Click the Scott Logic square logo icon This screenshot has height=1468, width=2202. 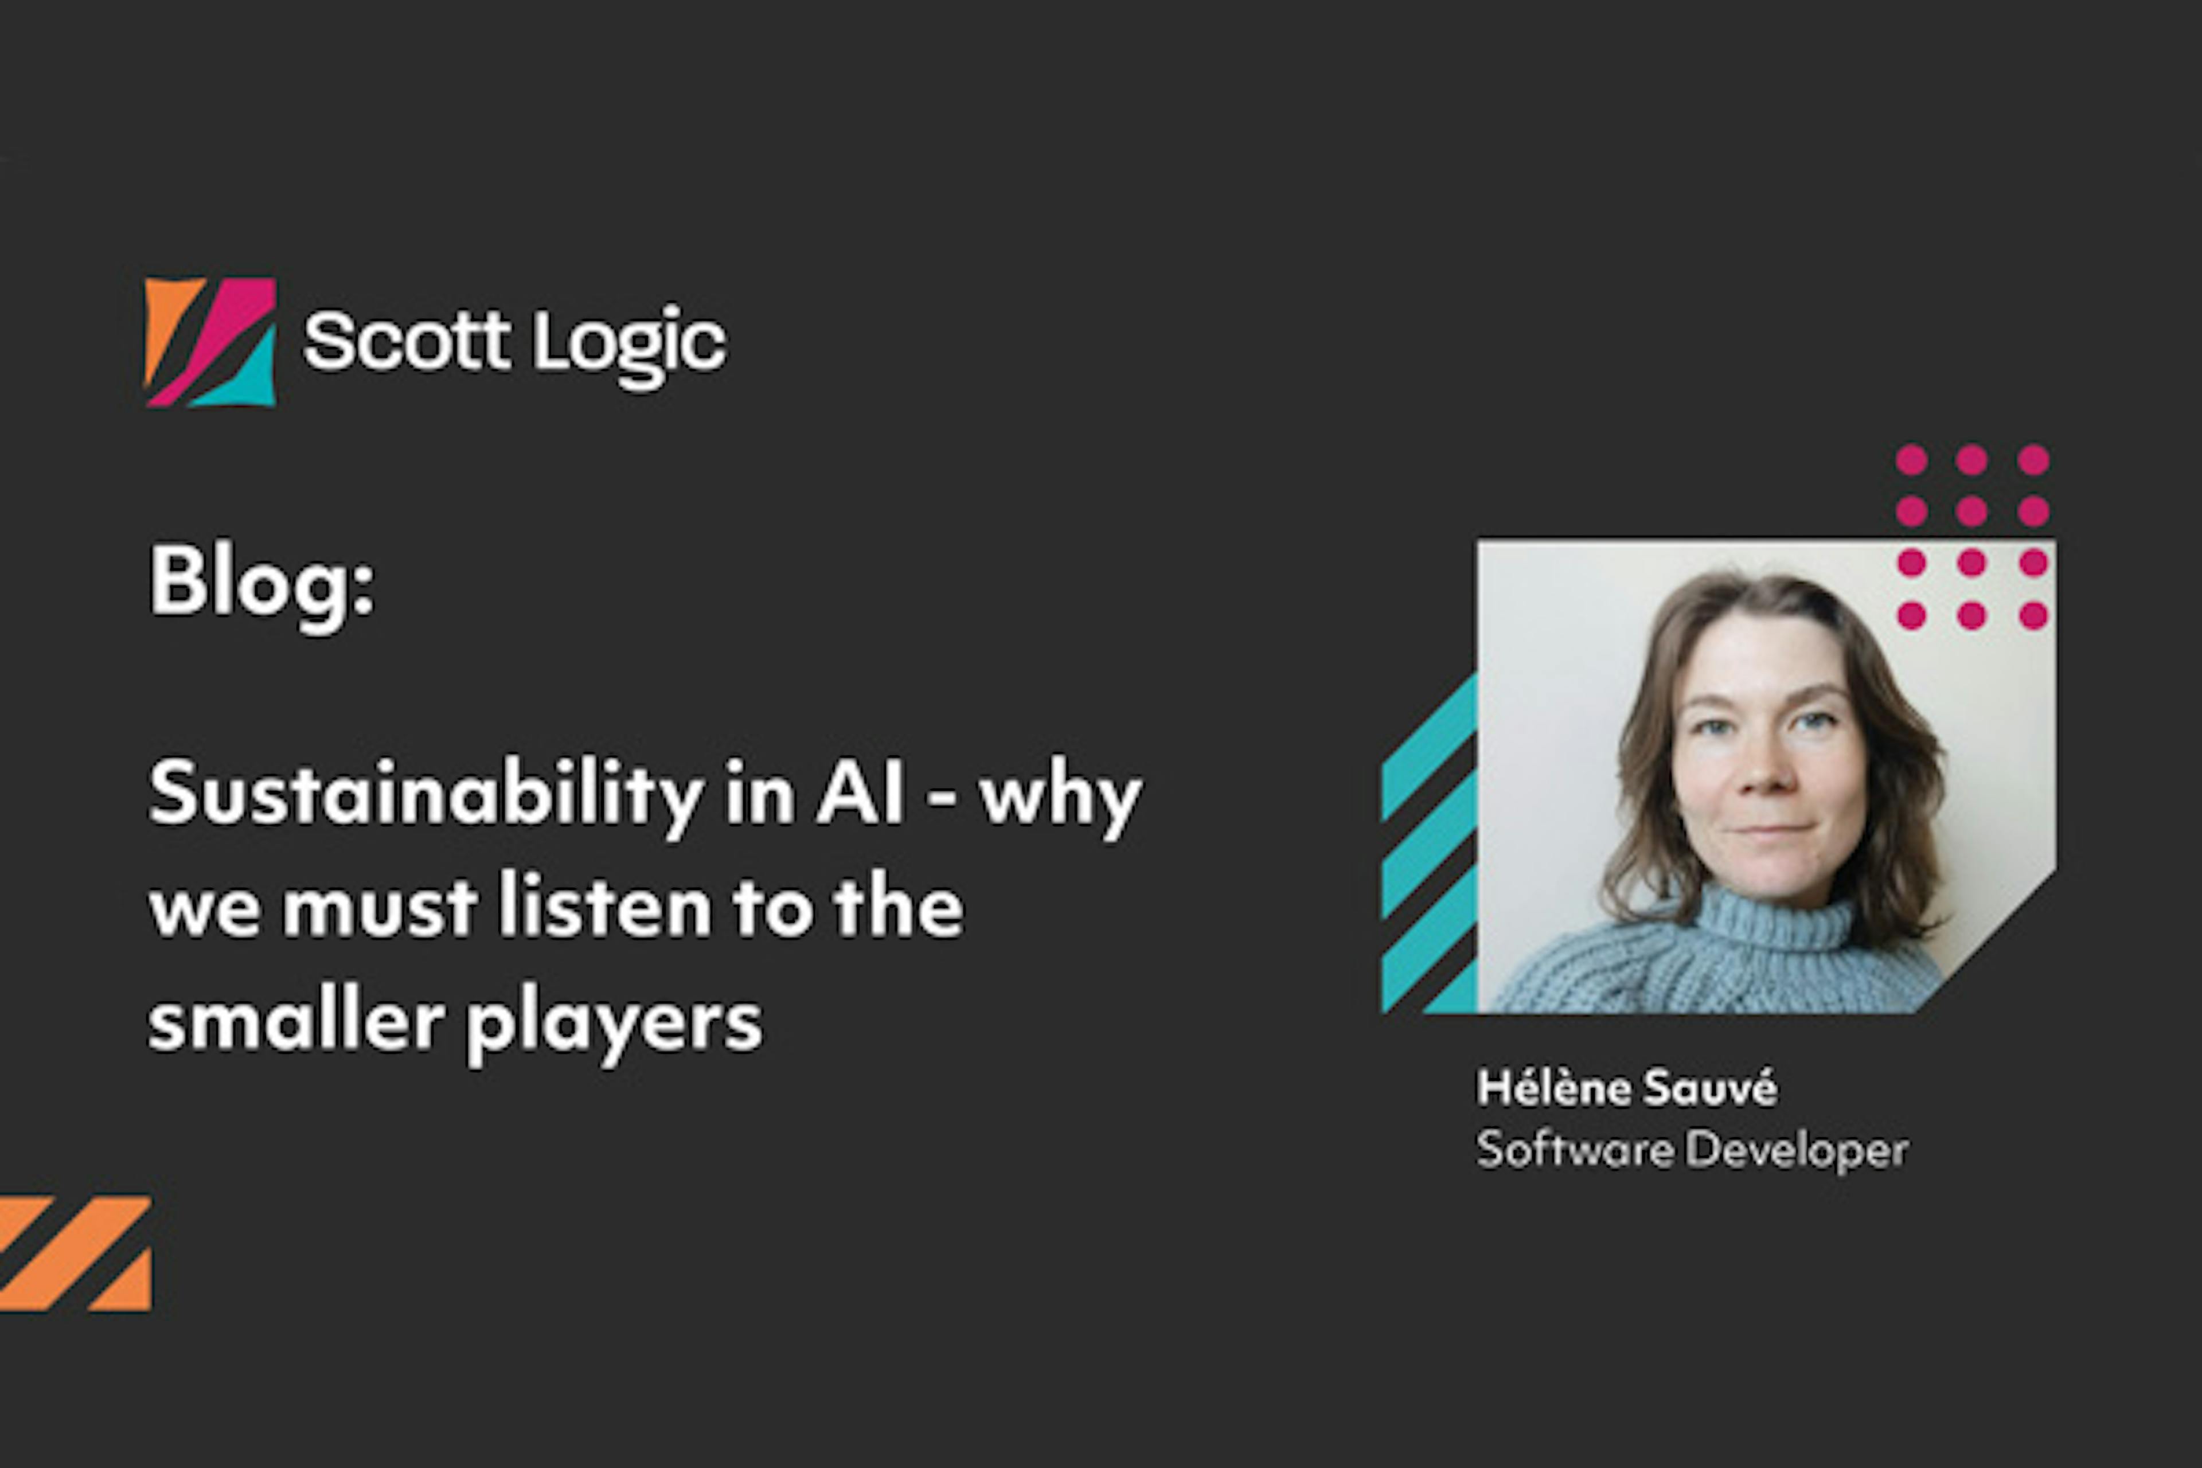(210, 342)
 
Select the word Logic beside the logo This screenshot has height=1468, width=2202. (629, 345)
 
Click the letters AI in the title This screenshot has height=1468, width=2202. (860, 794)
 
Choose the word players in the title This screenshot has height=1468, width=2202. (614, 1024)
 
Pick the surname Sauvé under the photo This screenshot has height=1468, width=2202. (1709, 1088)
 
